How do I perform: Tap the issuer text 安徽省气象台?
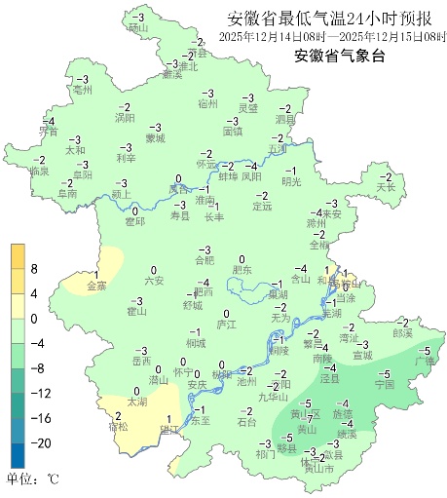(x=339, y=56)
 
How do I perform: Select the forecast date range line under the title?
(x=331, y=37)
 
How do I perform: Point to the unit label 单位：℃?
(x=34, y=479)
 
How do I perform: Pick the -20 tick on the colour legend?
(x=41, y=442)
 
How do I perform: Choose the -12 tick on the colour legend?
(x=41, y=393)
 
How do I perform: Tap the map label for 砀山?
(x=137, y=28)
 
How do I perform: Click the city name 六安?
(x=153, y=281)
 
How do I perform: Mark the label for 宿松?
(x=119, y=427)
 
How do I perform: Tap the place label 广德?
(x=424, y=361)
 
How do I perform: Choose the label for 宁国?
(x=384, y=385)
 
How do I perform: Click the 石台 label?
(x=247, y=422)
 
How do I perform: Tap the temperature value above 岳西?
(x=141, y=350)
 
